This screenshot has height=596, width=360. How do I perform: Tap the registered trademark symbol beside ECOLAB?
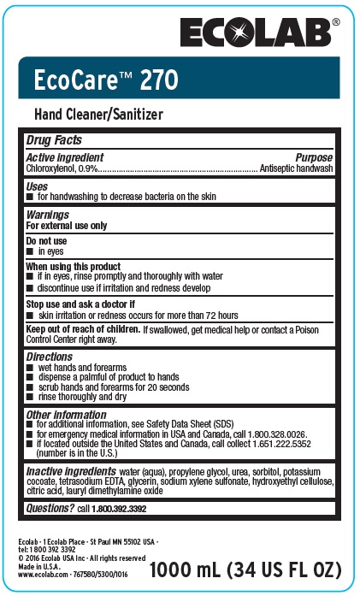[335, 21]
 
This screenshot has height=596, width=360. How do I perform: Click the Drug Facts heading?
[53, 139]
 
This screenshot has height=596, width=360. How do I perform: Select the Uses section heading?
[37, 186]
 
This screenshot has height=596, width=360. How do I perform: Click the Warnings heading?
[48, 214]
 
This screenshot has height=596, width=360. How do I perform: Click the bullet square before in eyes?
[30, 252]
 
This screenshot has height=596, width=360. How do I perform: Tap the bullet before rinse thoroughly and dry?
[30, 397]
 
